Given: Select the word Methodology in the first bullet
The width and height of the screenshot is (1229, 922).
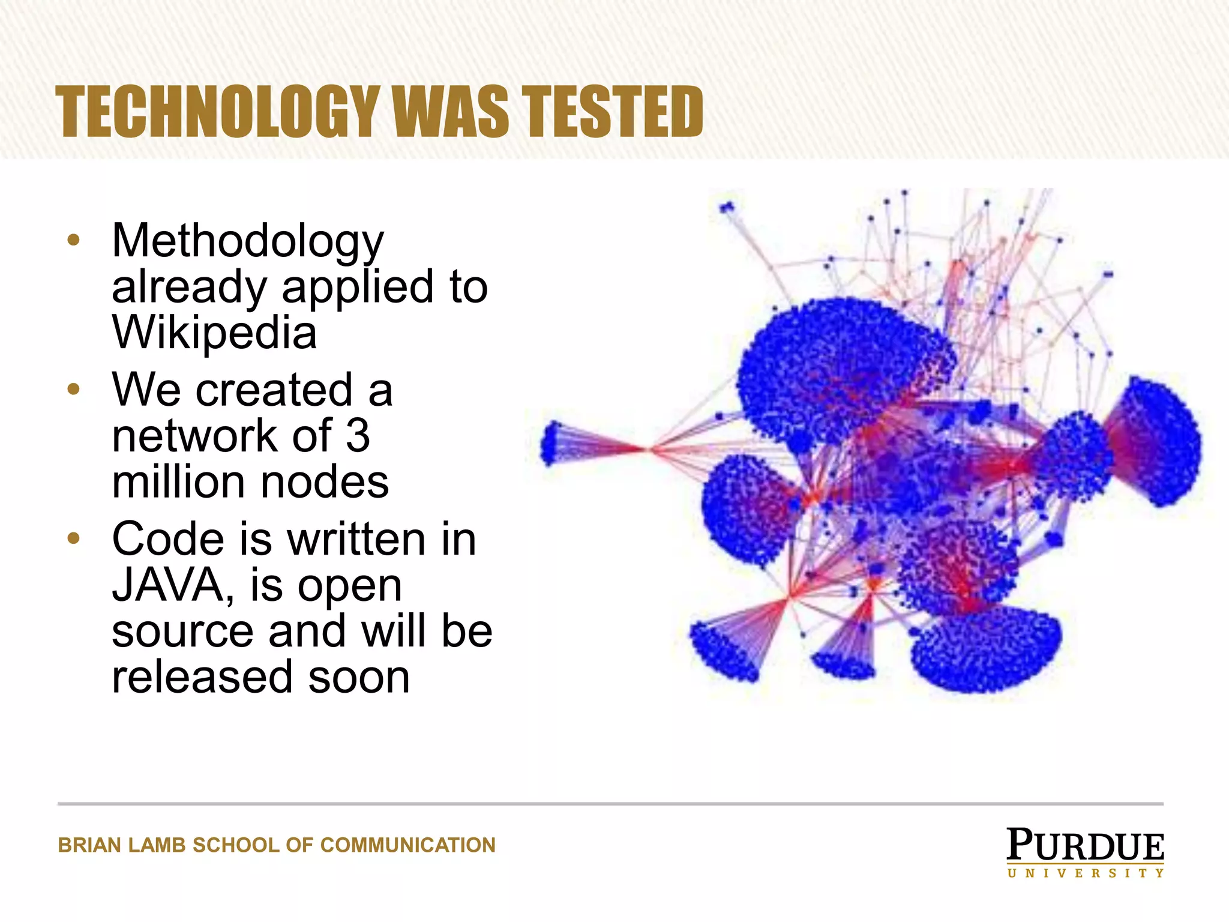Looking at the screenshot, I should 247,241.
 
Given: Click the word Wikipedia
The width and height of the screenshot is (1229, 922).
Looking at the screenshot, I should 214,333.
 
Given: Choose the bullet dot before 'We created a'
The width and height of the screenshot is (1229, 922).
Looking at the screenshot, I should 73,390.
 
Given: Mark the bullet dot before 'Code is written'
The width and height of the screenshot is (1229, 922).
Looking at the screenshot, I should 73,538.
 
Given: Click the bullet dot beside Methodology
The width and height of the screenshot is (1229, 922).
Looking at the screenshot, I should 73,241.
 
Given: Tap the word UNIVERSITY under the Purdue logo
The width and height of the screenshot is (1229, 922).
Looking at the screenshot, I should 1086,873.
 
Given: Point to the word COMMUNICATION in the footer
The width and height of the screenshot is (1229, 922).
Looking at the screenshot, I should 408,845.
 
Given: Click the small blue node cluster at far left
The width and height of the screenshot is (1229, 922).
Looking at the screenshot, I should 551,443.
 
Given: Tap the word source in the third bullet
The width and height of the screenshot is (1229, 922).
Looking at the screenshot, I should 182,631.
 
